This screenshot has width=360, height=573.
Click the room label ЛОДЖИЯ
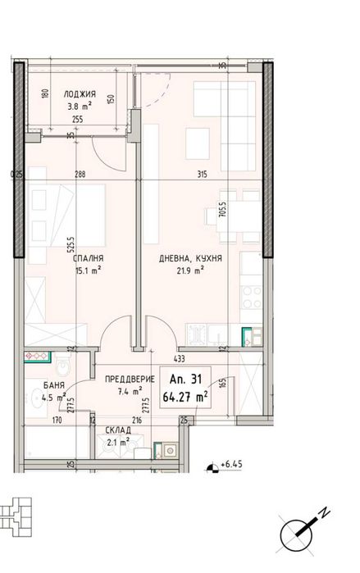point(80,93)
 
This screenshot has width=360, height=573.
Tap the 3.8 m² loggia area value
point(80,105)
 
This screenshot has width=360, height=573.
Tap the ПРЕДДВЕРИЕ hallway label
point(125,380)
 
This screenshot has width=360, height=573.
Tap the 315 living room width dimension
point(199,174)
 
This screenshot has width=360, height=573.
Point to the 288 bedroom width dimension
point(80,174)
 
